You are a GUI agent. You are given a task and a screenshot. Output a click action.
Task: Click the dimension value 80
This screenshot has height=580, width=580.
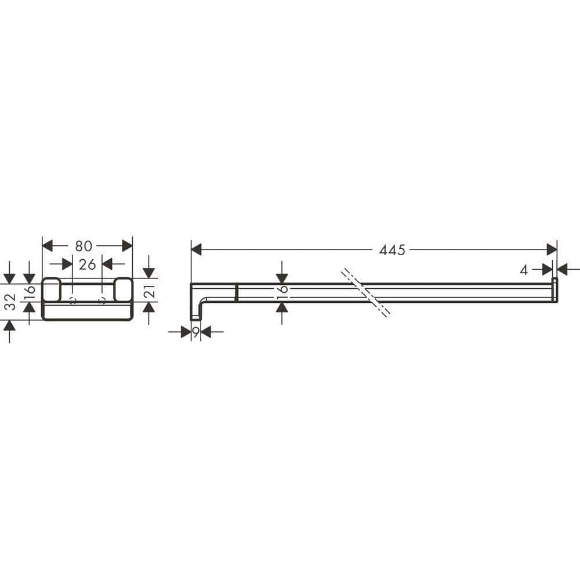point(84,246)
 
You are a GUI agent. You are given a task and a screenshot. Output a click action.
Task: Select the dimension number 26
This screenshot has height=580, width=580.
point(87,264)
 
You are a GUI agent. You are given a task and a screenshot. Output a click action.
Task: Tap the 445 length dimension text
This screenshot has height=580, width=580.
point(392,250)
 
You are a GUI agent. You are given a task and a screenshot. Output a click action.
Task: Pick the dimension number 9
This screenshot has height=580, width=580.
point(195,332)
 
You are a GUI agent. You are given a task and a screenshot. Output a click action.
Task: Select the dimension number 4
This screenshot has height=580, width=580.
point(524,270)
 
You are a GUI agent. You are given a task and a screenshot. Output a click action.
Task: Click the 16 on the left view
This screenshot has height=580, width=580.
point(30,292)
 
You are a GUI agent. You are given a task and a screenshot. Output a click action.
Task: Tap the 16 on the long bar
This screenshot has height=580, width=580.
point(282,293)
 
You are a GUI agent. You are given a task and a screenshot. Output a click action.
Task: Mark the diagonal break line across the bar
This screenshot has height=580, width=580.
point(366,292)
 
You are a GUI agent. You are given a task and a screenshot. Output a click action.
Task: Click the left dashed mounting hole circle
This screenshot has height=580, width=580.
point(72,300)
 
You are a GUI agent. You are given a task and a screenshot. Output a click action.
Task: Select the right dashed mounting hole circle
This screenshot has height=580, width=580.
point(103,300)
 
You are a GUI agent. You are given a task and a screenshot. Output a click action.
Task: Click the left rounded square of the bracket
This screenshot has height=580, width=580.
point(51,289)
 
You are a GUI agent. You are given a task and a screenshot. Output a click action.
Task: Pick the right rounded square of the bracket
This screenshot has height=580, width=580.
point(123,289)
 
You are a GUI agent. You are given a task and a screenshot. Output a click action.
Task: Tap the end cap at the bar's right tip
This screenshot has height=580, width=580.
point(554,290)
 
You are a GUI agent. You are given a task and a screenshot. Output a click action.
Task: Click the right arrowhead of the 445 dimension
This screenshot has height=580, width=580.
point(552,250)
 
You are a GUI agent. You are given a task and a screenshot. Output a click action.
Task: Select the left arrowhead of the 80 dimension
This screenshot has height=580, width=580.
point(48,246)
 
